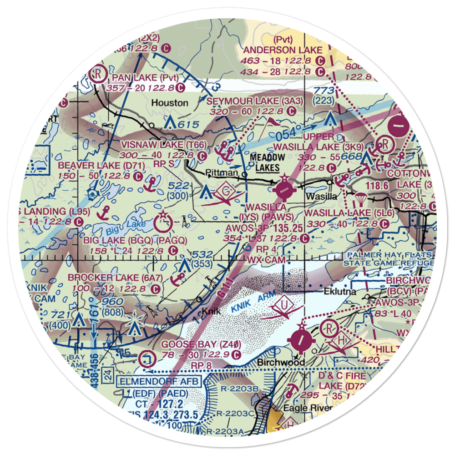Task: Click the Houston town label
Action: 170,103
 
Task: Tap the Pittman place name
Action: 222,173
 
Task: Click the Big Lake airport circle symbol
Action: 163,223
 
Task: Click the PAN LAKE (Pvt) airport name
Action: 139,77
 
